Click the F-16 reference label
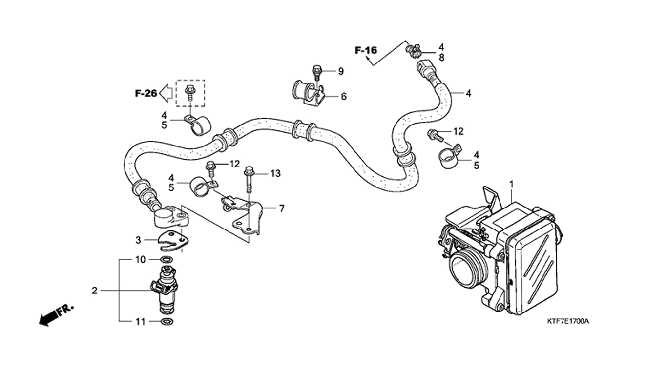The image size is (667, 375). (x=366, y=51)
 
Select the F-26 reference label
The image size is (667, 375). (x=146, y=93)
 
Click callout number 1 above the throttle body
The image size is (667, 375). (x=512, y=185)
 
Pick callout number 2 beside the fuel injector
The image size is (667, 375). (x=94, y=291)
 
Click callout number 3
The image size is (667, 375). (x=138, y=240)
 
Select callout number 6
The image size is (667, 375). (x=344, y=97)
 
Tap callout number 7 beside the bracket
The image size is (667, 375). (x=282, y=208)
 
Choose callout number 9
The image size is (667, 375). (x=341, y=71)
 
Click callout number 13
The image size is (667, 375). (x=276, y=173)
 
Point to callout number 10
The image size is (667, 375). (x=141, y=260)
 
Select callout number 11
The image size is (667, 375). (x=140, y=322)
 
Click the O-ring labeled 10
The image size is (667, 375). (x=167, y=259)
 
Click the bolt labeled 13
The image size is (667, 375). (x=249, y=180)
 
